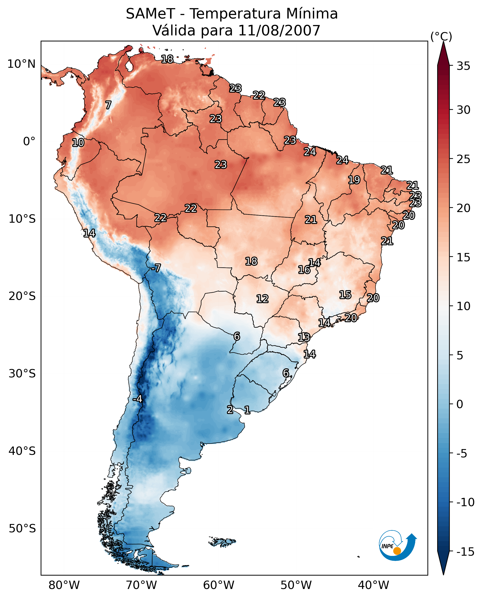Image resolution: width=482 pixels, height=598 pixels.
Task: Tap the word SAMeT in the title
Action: click(x=150, y=14)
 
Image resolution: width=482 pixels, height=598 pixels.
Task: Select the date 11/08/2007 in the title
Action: click(x=279, y=31)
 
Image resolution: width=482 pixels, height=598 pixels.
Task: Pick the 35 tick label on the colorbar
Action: click(x=463, y=66)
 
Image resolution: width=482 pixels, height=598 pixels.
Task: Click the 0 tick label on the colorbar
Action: click(x=460, y=404)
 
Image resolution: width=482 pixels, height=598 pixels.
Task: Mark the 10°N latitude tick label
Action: click(x=21, y=64)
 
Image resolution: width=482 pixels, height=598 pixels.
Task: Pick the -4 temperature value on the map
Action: click(x=137, y=399)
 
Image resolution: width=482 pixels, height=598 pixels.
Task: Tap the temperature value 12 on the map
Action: click(x=262, y=299)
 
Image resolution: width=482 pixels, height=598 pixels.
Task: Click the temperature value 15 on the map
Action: click(x=345, y=295)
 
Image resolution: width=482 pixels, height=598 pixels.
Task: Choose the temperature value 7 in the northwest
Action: click(x=108, y=105)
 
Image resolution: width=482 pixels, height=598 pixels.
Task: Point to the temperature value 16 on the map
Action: click(x=304, y=270)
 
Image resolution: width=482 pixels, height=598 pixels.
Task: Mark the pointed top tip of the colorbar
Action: click(x=443, y=42)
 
